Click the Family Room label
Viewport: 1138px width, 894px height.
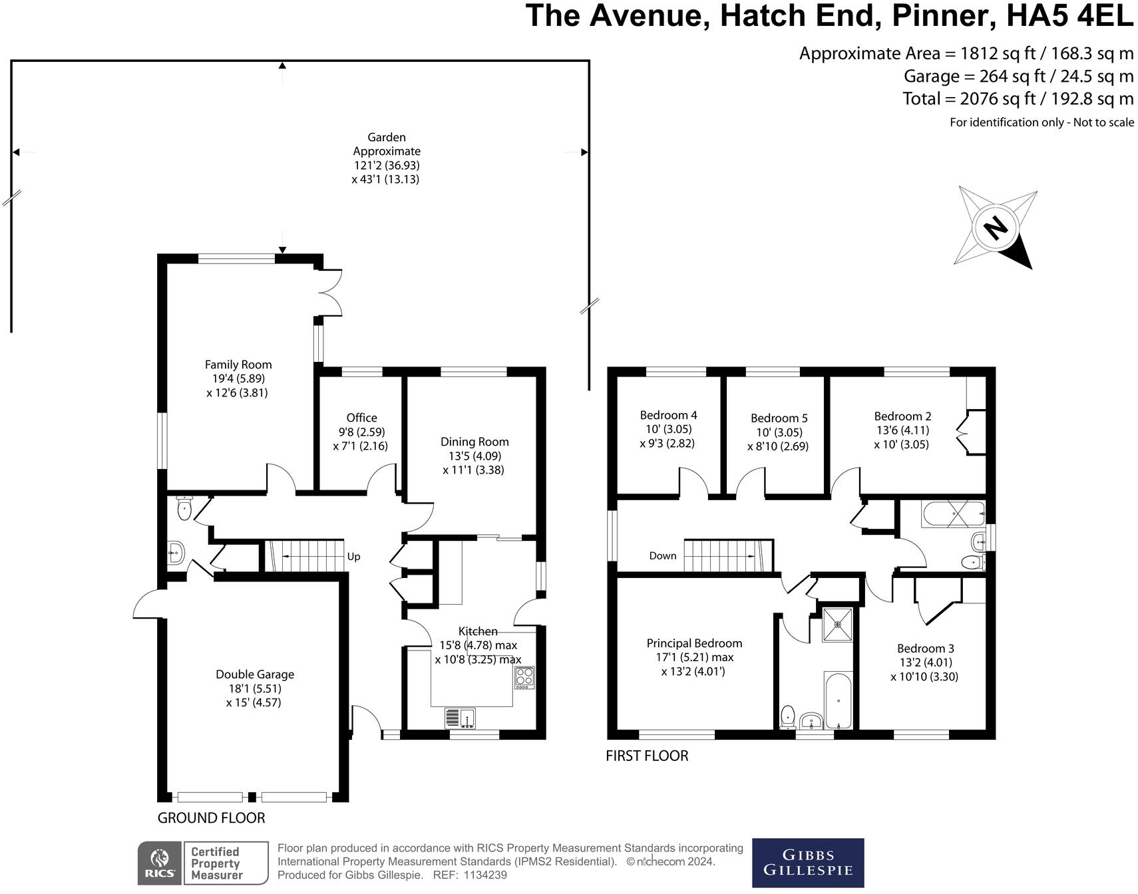[238, 365]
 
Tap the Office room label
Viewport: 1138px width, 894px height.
[361, 418]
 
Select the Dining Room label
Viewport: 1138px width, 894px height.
[474, 442]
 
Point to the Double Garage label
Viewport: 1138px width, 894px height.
[255, 674]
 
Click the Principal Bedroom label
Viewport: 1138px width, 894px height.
[694, 643]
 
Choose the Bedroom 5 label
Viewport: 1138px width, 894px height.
[779, 418]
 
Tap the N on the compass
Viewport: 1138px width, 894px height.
[996, 228]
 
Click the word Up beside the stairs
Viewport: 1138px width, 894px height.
[353, 557]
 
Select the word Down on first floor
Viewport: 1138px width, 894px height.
[663, 556]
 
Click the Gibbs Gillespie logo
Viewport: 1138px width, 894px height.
[808, 863]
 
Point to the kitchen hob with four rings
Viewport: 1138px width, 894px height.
[524, 677]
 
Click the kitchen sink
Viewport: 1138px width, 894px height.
[460, 718]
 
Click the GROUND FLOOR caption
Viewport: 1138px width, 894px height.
[211, 818]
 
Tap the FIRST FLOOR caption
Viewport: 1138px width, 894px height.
[647, 756]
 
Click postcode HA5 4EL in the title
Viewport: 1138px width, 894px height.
[1069, 15]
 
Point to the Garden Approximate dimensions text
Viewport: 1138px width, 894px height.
[386, 158]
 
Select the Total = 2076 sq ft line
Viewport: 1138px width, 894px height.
[1018, 99]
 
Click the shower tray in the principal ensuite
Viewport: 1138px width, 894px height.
[837, 624]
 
